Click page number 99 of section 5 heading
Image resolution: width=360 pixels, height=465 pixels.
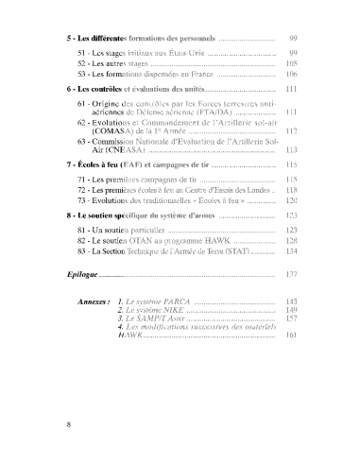pyautogui.click(x=294, y=41)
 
